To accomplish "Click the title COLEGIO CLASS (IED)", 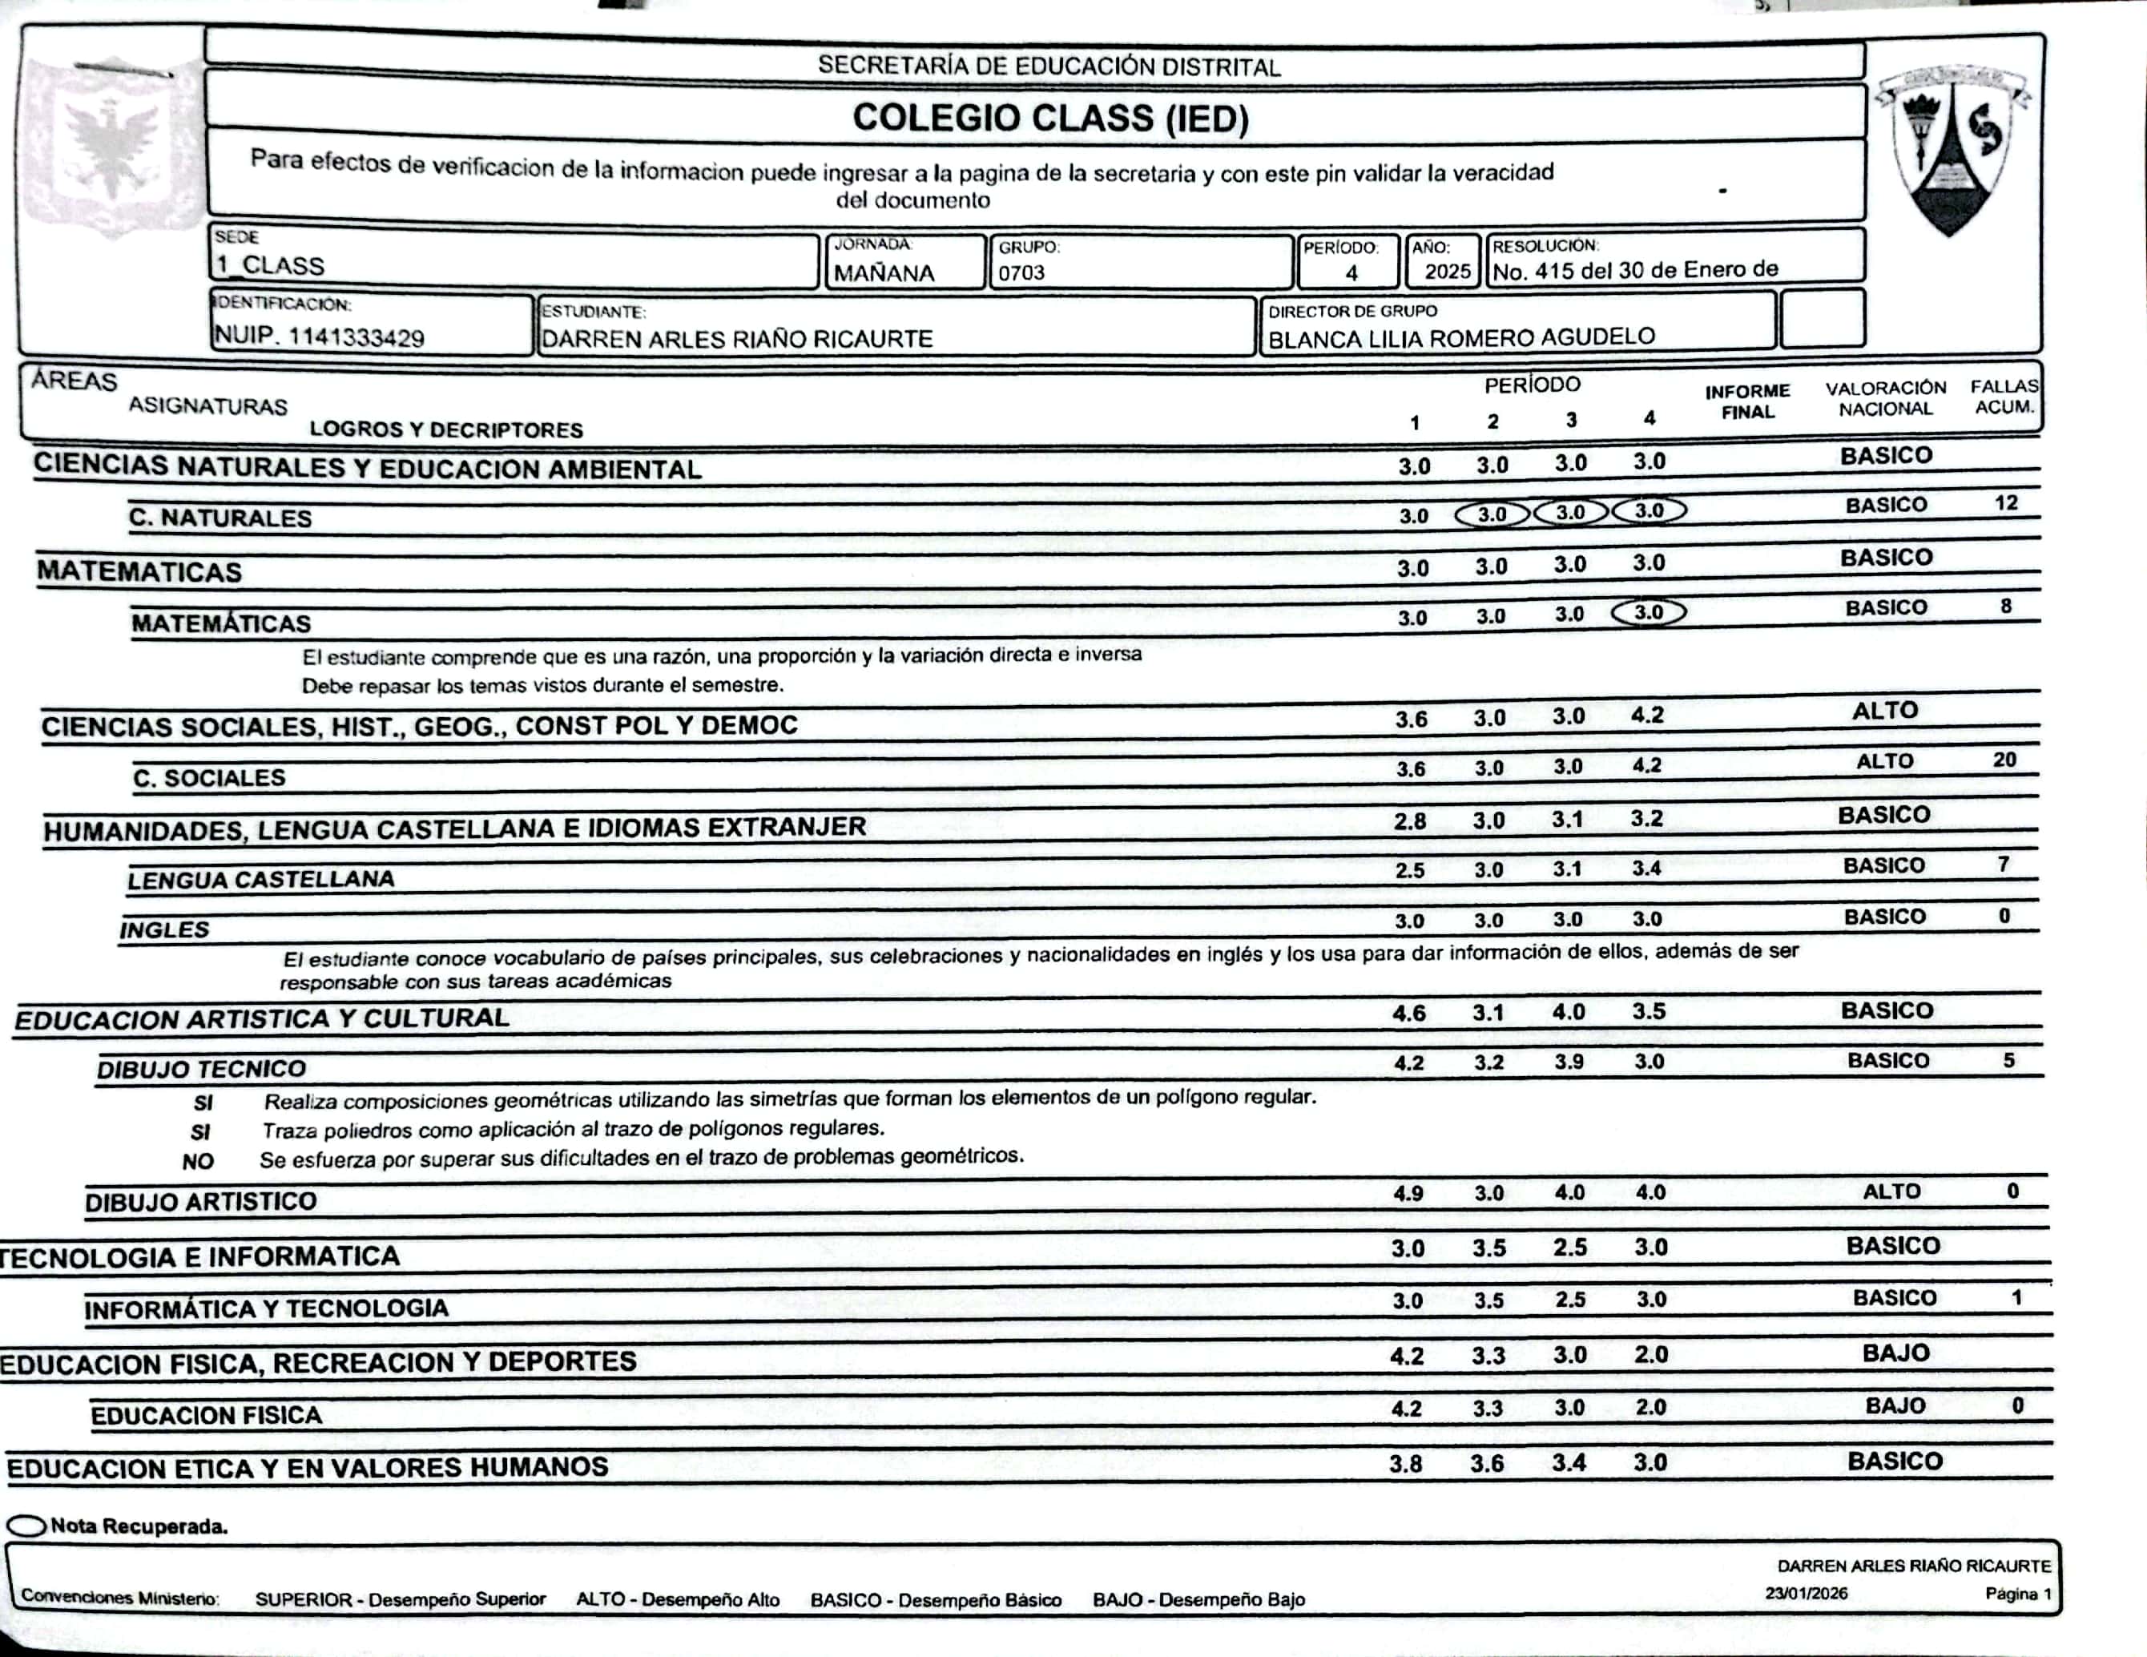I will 1050,118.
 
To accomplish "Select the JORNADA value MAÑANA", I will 884,273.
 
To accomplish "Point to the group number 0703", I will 1021,273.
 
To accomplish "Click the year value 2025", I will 1447,272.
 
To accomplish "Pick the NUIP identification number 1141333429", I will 320,337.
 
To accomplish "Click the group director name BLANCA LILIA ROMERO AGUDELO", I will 1460,338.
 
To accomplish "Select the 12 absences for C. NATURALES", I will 2005,503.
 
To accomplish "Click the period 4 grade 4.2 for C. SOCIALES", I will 1646,765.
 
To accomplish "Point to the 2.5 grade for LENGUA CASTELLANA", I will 1410,870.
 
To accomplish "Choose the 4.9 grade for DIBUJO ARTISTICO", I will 1408,1194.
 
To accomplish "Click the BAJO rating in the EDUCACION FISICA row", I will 1895,1406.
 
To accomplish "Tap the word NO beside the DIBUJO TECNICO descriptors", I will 198,1161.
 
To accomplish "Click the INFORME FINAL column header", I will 1747,401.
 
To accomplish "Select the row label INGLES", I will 164,929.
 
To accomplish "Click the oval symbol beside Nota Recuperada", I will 26,1526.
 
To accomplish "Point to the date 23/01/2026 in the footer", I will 1806,1593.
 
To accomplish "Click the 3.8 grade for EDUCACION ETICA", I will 1406,1464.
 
